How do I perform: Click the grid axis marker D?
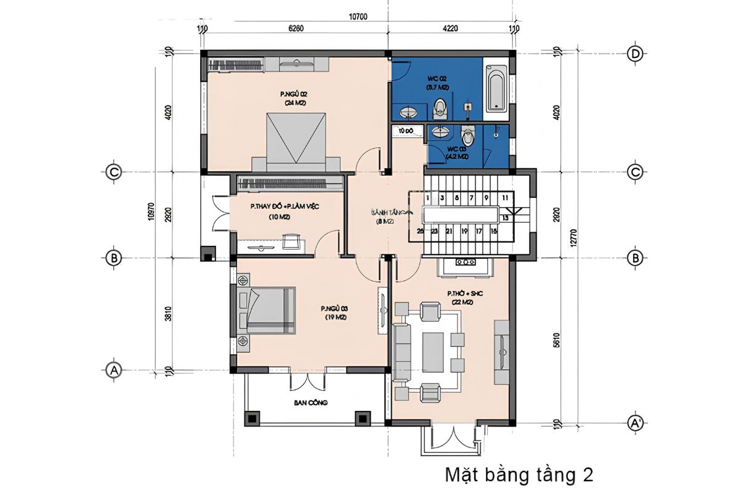[x=635, y=54]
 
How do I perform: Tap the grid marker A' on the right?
[x=635, y=423]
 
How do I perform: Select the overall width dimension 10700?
[x=358, y=17]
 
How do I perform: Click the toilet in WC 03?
[x=468, y=136]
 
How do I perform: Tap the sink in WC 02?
[x=408, y=113]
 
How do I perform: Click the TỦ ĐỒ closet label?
[x=405, y=131]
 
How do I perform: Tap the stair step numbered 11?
[x=504, y=198]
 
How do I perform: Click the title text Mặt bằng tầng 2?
[x=519, y=475]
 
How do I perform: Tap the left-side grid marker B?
[x=113, y=258]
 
